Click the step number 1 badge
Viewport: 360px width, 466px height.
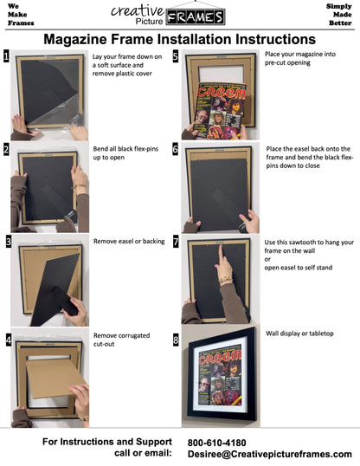(x=7, y=58)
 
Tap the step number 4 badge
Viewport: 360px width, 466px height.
(x=7, y=339)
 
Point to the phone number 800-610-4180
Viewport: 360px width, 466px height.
(x=215, y=443)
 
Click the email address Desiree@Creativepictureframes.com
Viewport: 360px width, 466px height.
(x=269, y=454)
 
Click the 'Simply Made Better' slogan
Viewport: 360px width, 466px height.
(x=338, y=15)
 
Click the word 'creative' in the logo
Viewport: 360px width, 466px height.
(x=137, y=10)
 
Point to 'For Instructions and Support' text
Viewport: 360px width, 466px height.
(x=106, y=443)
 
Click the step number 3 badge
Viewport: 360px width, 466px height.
(x=7, y=243)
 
